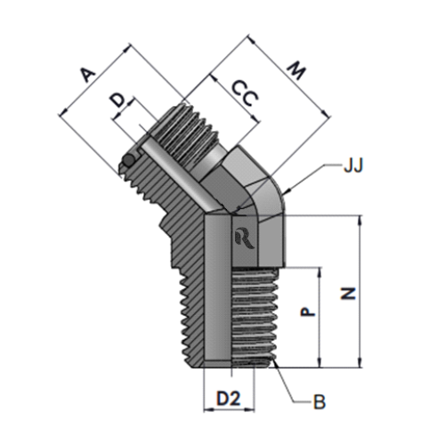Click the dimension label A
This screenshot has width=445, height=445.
point(88,75)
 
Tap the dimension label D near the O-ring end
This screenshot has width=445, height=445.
point(118,101)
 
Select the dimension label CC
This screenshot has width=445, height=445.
point(245,93)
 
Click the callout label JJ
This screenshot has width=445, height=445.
point(353,166)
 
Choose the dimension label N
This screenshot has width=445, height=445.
point(348,294)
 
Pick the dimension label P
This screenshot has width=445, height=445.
point(308,311)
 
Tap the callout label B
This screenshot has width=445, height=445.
point(320,402)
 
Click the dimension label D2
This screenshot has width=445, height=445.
point(229,399)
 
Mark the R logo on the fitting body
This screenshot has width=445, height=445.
point(244,239)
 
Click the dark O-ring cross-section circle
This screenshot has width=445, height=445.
point(129,160)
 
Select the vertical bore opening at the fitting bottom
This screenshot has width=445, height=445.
point(218,364)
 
